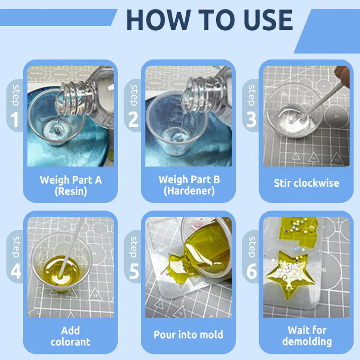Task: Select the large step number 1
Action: (15, 120)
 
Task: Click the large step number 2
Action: (133, 120)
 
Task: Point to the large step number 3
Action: (251, 120)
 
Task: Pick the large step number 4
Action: (16, 271)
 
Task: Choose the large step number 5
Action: (134, 271)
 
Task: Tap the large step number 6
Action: (251, 271)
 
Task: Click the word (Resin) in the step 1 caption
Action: (71, 191)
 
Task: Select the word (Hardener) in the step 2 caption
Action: (189, 191)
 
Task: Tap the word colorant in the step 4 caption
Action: (70, 342)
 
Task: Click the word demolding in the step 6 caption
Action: (307, 342)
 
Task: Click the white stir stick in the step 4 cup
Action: (71, 248)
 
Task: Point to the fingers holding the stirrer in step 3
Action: (342, 76)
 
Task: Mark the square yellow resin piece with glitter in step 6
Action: (299, 231)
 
